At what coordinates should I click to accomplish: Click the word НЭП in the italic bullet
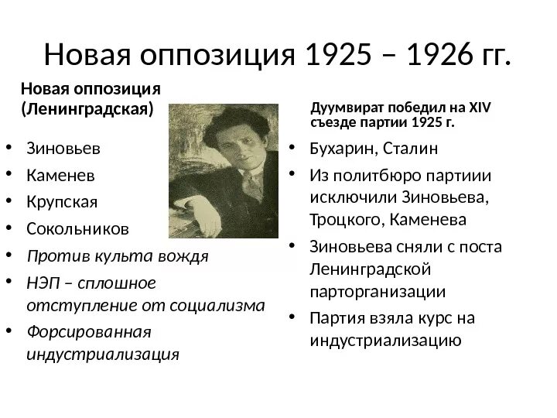43,282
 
